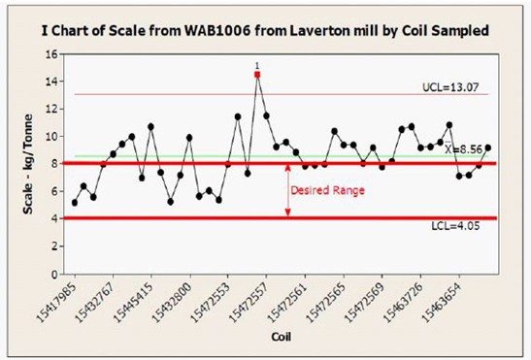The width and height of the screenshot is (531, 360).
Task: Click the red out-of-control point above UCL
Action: click(x=257, y=74)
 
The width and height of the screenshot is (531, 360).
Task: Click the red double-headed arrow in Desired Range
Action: click(x=287, y=190)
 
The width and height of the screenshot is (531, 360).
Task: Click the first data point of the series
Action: click(x=75, y=202)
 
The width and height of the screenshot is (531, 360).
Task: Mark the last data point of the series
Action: click(x=487, y=148)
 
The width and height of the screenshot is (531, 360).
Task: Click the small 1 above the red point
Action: click(x=257, y=65)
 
